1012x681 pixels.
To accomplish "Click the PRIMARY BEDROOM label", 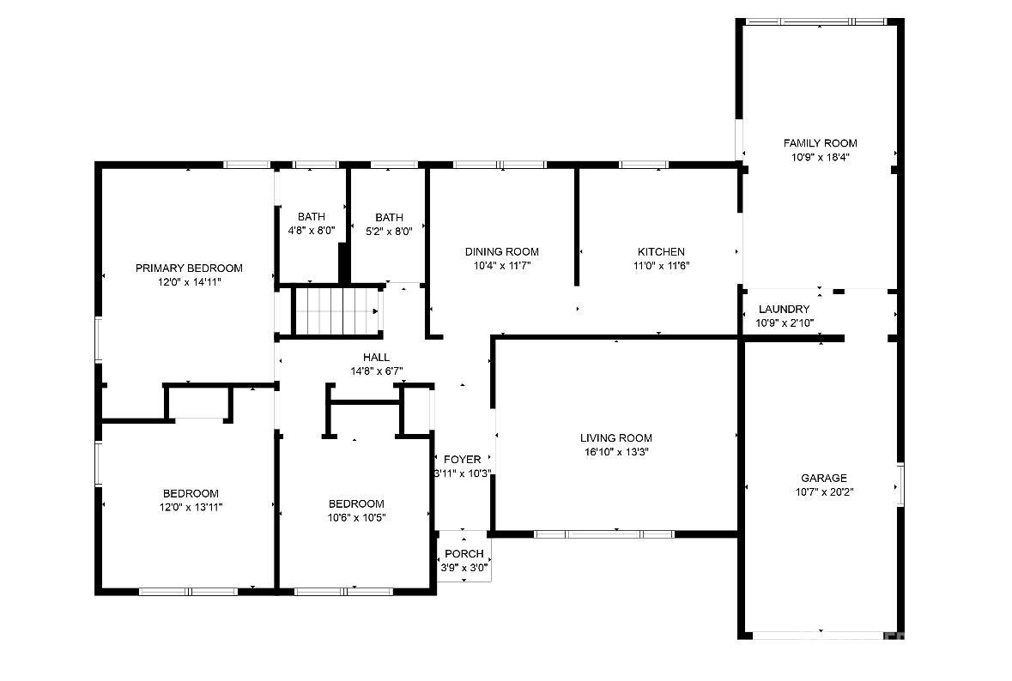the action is [x=189, y=268].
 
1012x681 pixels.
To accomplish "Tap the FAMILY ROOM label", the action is [x=821, y=143].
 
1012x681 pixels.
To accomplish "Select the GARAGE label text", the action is [x=823, y=478].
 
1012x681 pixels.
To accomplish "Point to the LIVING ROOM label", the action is [x=616, y=438].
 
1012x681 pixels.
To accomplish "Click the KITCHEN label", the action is [x=662, y=251].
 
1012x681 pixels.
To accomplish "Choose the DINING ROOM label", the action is [x=502, y=251].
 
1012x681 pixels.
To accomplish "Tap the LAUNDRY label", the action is [x=785, y=309].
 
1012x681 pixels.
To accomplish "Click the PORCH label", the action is [x=464, y=553].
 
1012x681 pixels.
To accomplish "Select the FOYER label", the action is [x=462, y=459].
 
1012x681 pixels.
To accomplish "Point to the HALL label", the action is [x=376, y=358].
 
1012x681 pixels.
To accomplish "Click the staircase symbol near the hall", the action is [x=336, y=311].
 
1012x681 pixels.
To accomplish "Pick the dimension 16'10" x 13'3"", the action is [x=616, y=452].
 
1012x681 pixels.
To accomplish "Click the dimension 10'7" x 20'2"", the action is [x=824, y=492].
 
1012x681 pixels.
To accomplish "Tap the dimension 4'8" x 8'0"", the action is [x=312, y=230].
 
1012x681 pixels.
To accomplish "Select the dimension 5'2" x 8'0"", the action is [x=389, y=231].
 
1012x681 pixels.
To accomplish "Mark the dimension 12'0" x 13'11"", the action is [x=191, y=508].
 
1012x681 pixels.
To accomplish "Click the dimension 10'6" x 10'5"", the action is [x=357, y=517].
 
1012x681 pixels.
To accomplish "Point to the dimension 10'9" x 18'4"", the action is [x=821, y=157].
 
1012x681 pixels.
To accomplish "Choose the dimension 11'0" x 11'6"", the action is [x=662, y=266].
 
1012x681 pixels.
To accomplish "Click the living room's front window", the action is [x=604, y=534].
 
